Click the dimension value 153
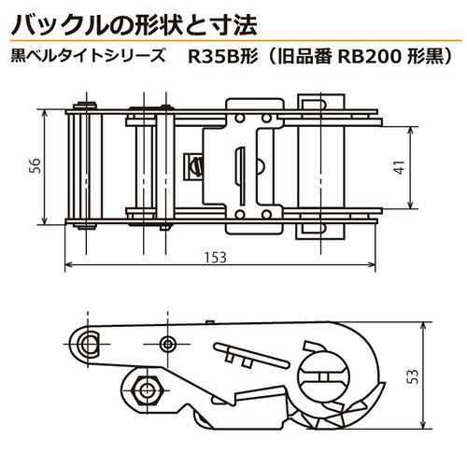click(216, 258)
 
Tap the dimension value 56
click(35, 165)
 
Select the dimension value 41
click(400, 167)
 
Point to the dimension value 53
click(414, 376)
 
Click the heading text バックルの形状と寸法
click(134, 24)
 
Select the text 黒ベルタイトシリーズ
click(89, 57)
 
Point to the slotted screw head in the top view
click(196, 166)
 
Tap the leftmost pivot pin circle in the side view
click(88, 344)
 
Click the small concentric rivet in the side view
click(168, 344)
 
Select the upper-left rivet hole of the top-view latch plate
click(239, 119)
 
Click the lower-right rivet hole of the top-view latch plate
click(266, 215)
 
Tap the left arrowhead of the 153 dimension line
click(68, 265)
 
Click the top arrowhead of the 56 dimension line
click(45, 113)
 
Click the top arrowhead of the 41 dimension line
click(410, 131)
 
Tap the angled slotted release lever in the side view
click(251, 355)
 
